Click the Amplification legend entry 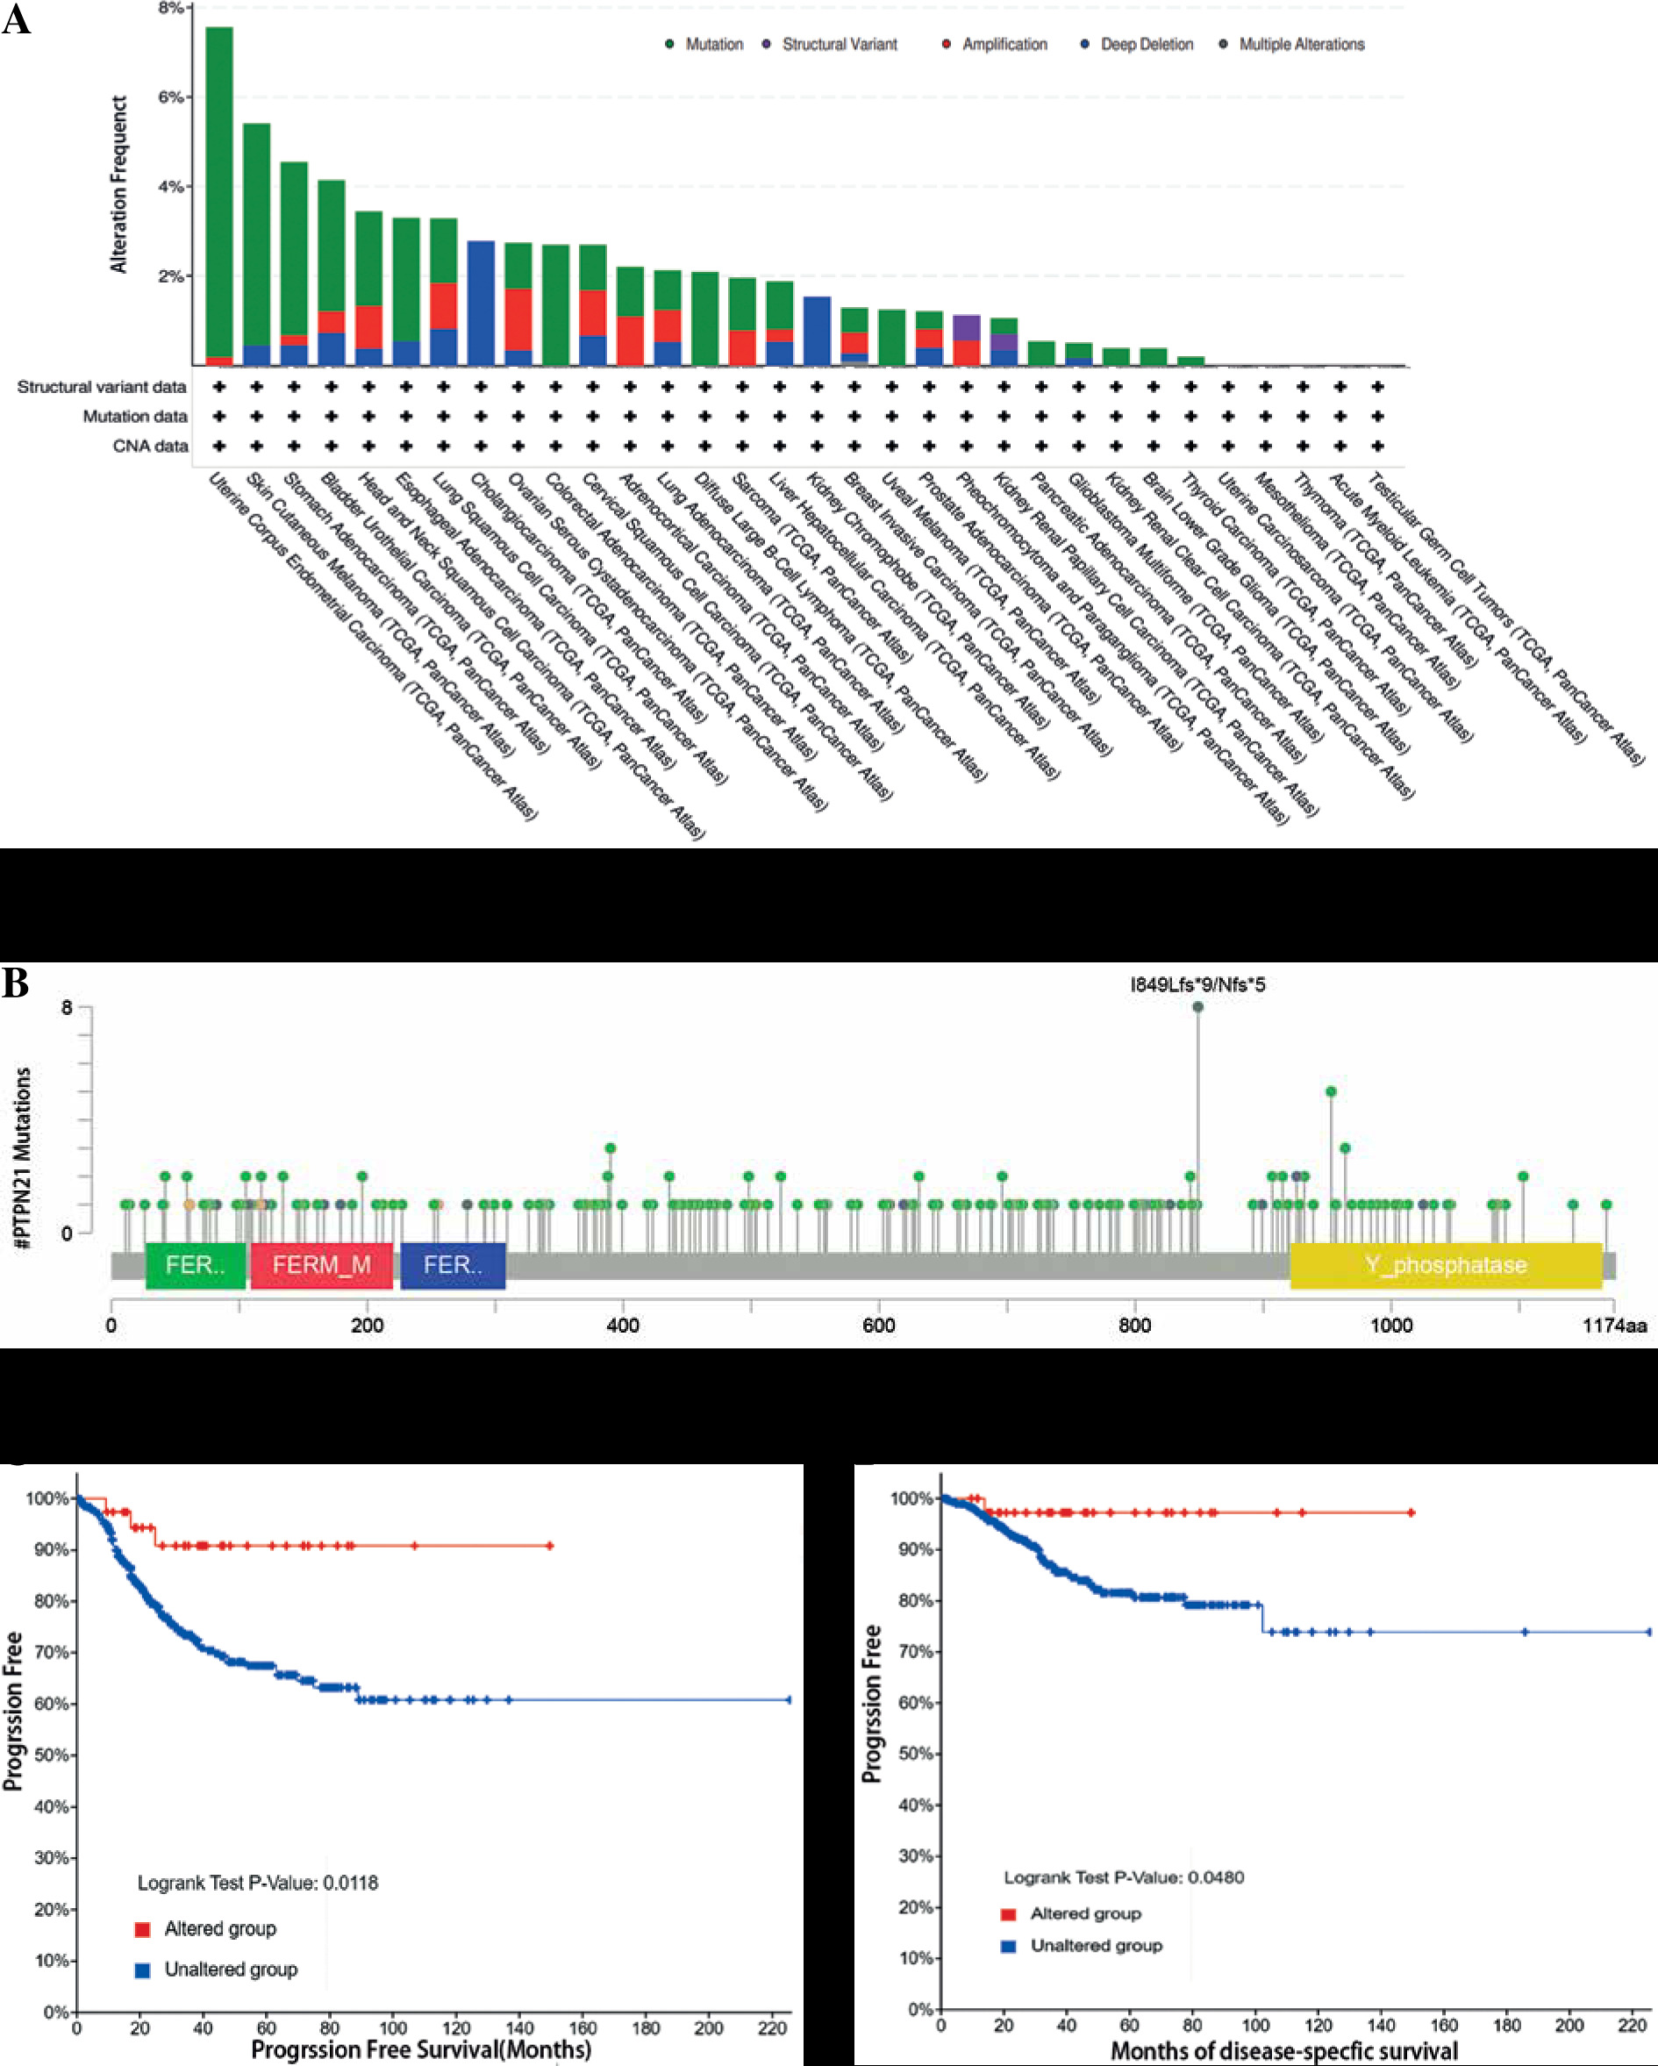point(1004,44)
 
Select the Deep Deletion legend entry point(1147,44)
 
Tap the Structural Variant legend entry point(839,44)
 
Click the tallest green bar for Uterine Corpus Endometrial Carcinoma point(219,191)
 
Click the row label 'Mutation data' point(135,416)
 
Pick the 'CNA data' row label point(151,446)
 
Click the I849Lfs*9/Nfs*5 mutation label point(1197,984)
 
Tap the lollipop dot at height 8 point(1198,1007)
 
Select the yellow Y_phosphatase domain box point(1445,1265)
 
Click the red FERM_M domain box point(321,1265)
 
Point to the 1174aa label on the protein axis point(1614,1326)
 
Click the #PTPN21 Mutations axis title point(23,1157)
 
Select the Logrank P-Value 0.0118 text point(258,1883)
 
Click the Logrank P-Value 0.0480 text point(1123,1877)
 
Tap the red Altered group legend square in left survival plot point(143,1929)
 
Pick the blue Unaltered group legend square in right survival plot point(1008,1946)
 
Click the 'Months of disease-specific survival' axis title point(1284,2051)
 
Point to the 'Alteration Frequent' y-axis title point(118,184)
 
